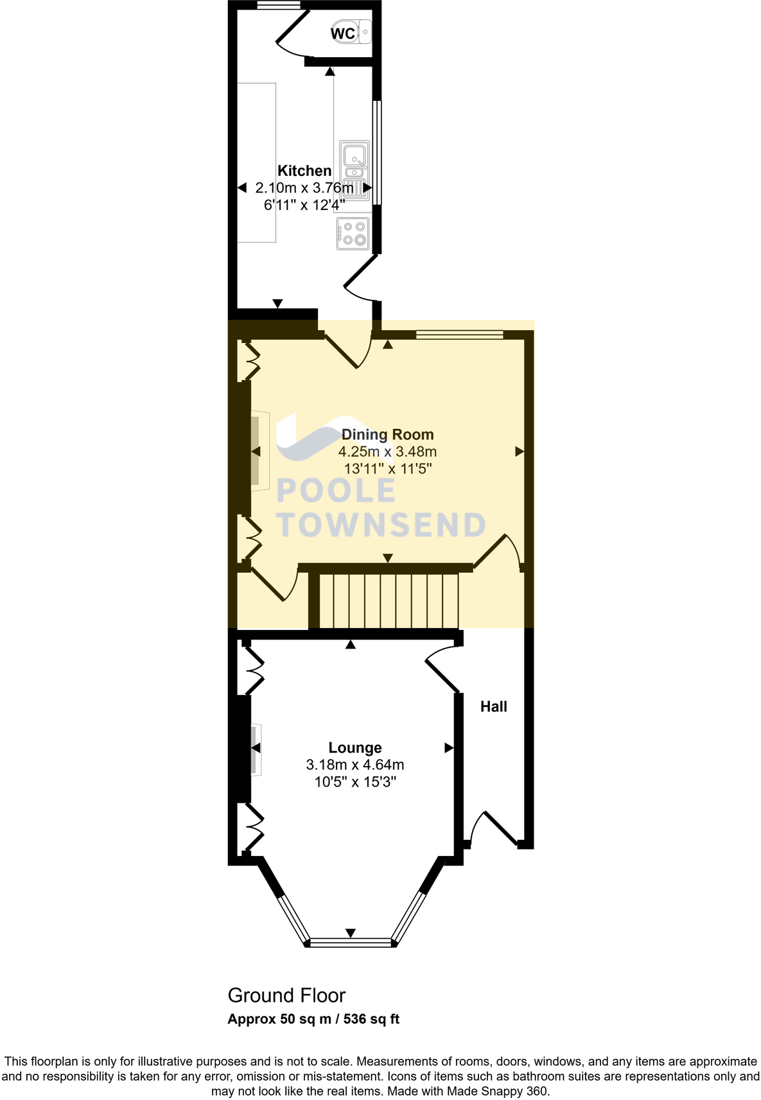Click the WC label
coord(343,33)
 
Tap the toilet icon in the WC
coord(363,31)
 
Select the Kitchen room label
coord(304,171)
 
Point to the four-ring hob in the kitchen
coord(353,233)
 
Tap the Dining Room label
coord(387,435)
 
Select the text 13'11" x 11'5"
coord(387,469)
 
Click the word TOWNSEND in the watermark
coord(381,525)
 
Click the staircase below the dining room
coord(389,600)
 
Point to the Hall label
coord(493,706)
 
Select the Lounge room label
coord(354,747)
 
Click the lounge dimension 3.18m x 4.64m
coord(354,765)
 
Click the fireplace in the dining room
coord(259,451)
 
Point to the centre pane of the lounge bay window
coord(350,942)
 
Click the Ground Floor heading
coord(286,995)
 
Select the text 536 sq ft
coord(371,1019)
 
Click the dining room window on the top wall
coord(459,335)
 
